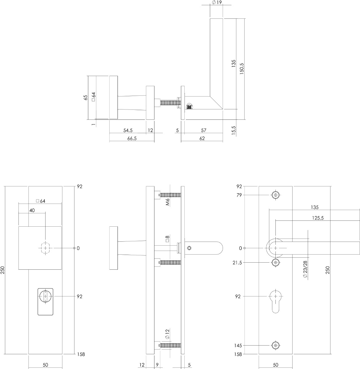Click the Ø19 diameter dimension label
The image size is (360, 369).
pos(217,2)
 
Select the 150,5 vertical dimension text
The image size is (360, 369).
pos(242,69)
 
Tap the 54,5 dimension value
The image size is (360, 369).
pos(128,130)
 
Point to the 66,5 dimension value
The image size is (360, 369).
pos(132,138)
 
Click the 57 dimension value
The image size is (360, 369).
pos(203,130)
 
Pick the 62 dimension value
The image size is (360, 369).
pos(202,138)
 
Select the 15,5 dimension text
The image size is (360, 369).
pos(234,130)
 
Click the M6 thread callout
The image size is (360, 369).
pos(167,201)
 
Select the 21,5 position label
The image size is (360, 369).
pos(238,263)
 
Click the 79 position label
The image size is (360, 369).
pos(239,195)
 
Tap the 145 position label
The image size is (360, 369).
pos(238,346)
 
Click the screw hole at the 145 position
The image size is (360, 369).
pos(276,346)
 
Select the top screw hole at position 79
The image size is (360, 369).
pos(276,195)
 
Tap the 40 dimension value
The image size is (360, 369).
pos(32,210)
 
